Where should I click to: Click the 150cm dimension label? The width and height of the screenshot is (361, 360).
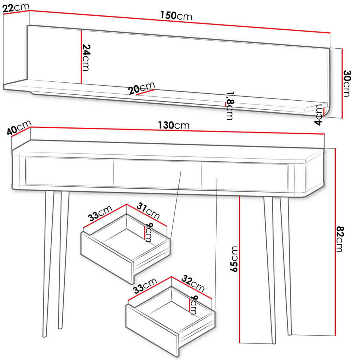click(x=176, y=16)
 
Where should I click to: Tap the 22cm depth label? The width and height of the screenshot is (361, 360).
click(x=16, y=8)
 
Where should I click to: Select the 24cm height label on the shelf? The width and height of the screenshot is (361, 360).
click(x=86, y=57)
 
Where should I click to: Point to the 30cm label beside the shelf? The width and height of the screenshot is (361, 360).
click(x=347, y=83)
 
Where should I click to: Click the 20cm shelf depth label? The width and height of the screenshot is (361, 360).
click(x=142, y=88)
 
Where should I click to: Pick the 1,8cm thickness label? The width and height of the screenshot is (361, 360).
click(x=230, y=105)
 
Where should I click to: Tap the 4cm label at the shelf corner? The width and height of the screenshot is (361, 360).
click(x=318, y=115)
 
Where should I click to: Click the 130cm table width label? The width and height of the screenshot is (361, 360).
click(x=174, y=125)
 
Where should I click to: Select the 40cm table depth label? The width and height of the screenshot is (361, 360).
click(x=19, y=127)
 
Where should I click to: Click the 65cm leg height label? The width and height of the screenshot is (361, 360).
click(x=234, y=259)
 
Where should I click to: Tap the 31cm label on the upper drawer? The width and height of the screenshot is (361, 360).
click(x=148, y=211)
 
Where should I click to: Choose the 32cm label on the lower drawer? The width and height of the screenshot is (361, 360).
click(x=193, y=283)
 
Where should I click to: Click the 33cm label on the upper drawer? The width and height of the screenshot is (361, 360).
click(x=100, y=213)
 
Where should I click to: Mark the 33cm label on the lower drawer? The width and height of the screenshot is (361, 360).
click(x=145, y=286)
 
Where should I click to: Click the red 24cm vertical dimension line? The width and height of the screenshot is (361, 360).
click(x=81, y=57)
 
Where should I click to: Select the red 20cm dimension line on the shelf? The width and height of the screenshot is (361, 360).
click(x=146, y=92)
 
